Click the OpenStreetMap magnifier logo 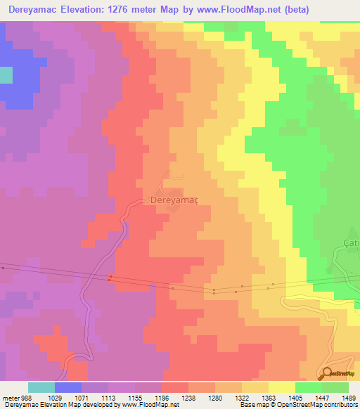pos(327,373)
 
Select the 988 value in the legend pos(27,397)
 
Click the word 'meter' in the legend pos(9,397)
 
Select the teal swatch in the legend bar pos(41,387)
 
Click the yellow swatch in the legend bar pos(281,387)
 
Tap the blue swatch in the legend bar pos(67,387)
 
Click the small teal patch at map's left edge pos(6,76)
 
